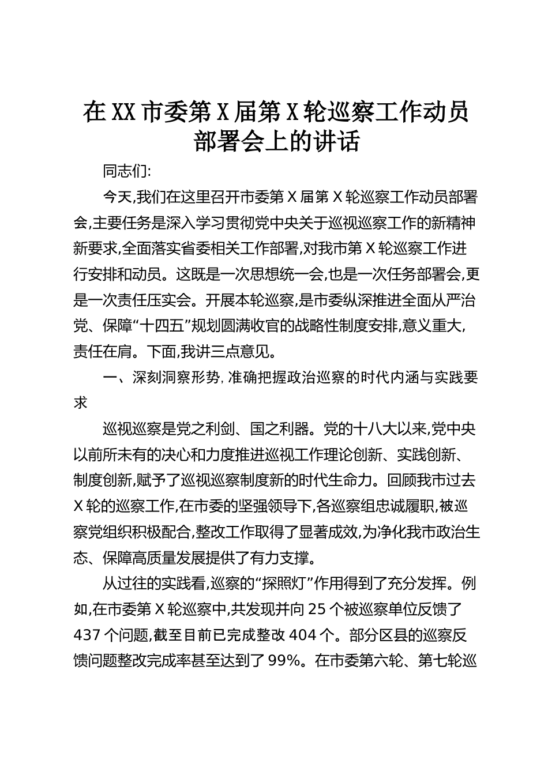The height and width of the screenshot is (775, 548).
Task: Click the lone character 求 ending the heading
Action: click(81, 403)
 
